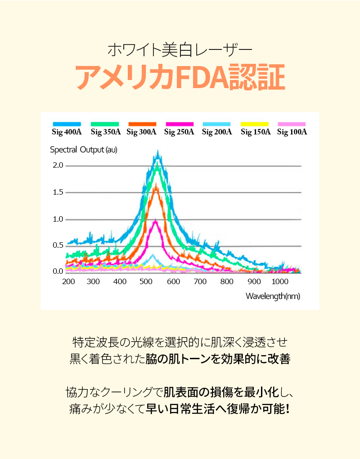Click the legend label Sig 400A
67,132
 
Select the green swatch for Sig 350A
105,124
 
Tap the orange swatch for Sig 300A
142,124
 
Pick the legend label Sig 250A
179,132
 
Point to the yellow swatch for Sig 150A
255,124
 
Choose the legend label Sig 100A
292,132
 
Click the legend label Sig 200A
217,132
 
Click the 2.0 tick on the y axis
58,166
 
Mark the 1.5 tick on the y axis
58,193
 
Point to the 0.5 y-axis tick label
58,245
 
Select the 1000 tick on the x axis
280,282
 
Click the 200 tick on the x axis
68,282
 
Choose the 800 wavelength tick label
227,282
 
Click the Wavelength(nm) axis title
273,296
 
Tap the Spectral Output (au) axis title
84,150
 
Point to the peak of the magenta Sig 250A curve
155,221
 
